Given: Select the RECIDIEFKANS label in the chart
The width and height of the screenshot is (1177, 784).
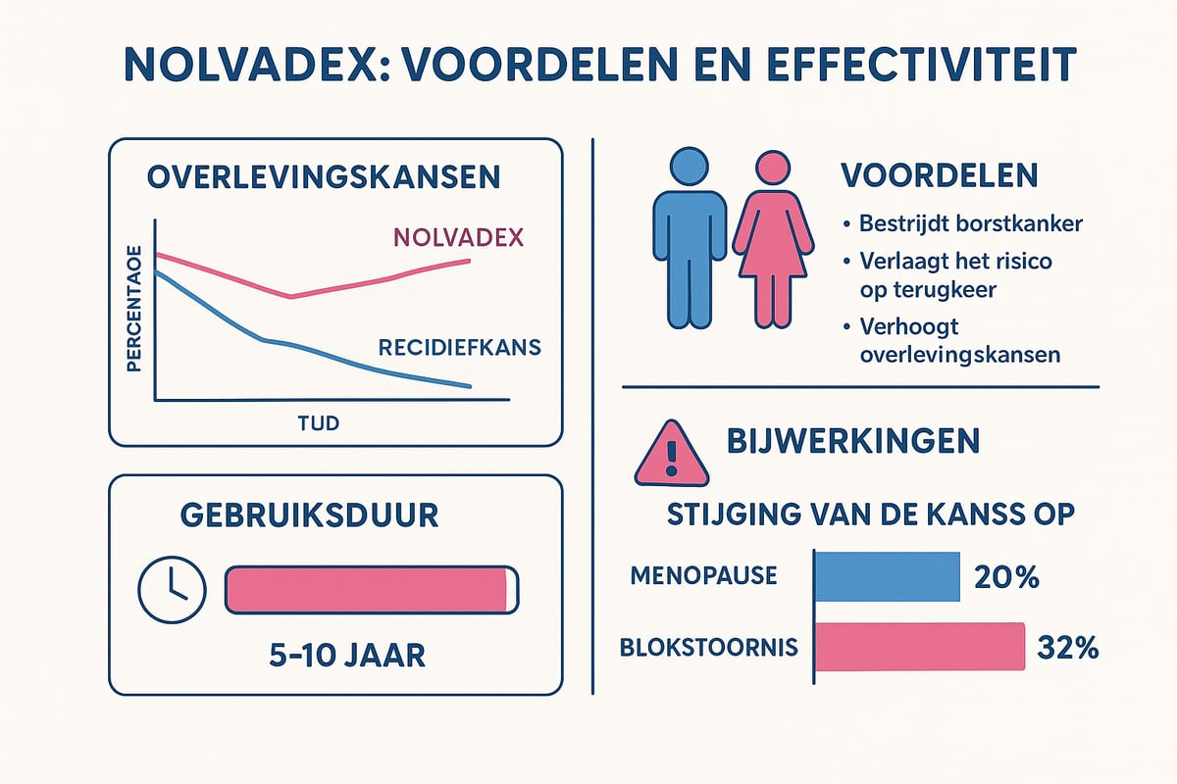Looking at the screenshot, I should tap(460, 347).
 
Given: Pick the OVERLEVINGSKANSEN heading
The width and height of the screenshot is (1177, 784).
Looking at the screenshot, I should tap(324, 177).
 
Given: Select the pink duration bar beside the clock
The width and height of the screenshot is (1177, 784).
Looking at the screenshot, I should tap(371, 589).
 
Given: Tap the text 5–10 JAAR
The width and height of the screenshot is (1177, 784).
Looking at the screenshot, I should tap(347, 654).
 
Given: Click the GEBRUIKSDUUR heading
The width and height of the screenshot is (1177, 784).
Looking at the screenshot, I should tap(308, 515).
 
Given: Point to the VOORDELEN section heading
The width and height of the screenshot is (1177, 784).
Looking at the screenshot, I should tap(940, 176).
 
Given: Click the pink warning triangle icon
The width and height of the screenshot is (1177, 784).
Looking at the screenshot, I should tap(671, 455).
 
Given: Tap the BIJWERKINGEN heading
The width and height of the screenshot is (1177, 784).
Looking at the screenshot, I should tap(853, 441).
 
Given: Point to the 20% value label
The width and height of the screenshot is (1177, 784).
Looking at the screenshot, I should tap(1007, 577).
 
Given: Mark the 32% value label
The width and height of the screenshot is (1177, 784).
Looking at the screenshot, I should tap(1067, 648).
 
